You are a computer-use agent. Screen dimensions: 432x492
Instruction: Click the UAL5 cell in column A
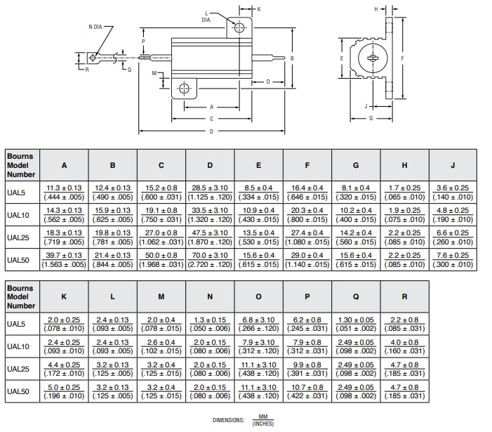[x=64, y=192]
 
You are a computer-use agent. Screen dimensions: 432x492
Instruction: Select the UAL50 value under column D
[x=210, y=260]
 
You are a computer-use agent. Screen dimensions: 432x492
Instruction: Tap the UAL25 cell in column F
[x=307, y=237]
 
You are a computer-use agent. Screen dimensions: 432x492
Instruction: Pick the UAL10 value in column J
[x=452, y=215]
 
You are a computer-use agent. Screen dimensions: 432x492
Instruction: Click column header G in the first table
[x=356, y=165]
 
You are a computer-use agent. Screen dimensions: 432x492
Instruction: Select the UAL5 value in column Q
[x=356, y=324]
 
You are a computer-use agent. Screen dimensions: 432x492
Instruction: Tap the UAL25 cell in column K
[x=64, y=369]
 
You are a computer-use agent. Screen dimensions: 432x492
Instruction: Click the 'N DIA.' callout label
[x=100, y=27]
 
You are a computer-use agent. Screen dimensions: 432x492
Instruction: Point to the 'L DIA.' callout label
[x=206, y=17]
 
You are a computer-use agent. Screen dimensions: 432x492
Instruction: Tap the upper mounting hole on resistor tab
[x=240, y=27]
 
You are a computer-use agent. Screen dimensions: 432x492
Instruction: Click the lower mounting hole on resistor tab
[x=185, y=89]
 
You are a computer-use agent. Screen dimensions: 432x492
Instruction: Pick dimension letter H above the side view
[x=376, y=9]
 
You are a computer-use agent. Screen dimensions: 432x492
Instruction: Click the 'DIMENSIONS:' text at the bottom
[x=228, y=420]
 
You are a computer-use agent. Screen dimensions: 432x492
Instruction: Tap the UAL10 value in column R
[x=404, y=346]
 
